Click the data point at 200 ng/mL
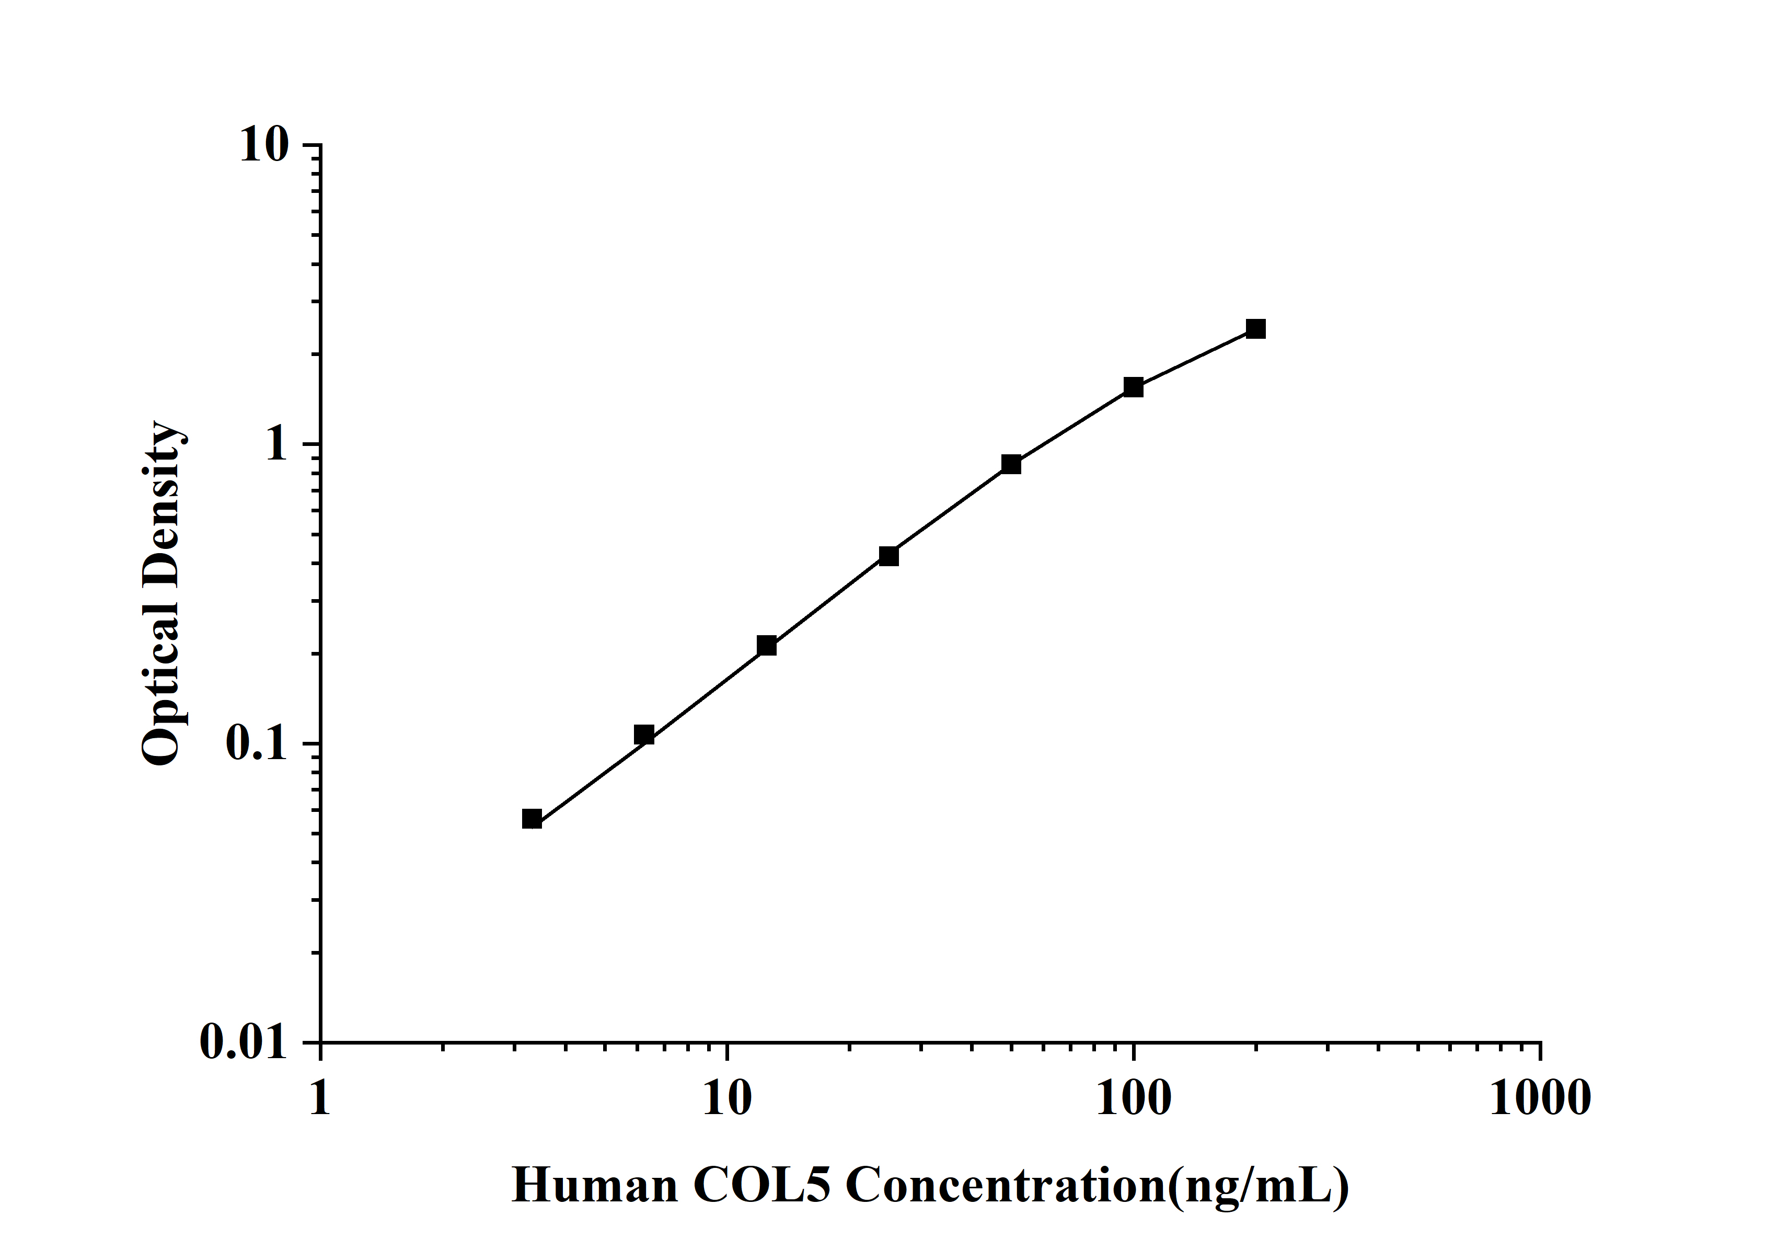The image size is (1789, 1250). click(x=1255, y=329)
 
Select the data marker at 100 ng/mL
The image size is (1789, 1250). click(x=1133, y=387)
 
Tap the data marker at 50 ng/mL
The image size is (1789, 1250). click(x=1011, y=464)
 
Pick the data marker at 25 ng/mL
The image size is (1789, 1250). click(x=888, y=556)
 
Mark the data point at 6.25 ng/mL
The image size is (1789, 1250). click(x=643, y=735)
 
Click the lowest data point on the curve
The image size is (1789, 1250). click(x=532, y=819)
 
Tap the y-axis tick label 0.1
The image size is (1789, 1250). click(x=256, y=744)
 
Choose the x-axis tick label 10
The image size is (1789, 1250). click(x=727, y=1099)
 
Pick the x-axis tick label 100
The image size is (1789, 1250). click(x=1134, y=1099)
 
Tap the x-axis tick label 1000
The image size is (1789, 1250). click(x=1540, y=1099)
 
